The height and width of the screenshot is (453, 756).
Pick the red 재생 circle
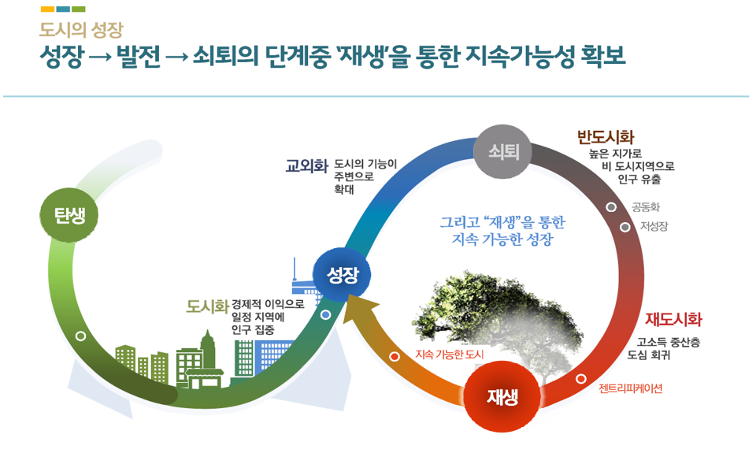(502, 397)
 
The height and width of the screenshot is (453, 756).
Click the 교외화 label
(306, 166)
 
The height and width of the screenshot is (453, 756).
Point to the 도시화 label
(207, 306)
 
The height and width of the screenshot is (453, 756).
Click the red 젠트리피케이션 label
(630, 388)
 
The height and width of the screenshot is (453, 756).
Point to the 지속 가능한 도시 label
(450, 355)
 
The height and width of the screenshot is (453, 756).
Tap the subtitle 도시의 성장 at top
(81, 31)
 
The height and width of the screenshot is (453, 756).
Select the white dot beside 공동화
(611, 206)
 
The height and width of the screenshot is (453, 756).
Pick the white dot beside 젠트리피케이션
(581, 379)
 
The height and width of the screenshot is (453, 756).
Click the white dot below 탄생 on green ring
(80, 336)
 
